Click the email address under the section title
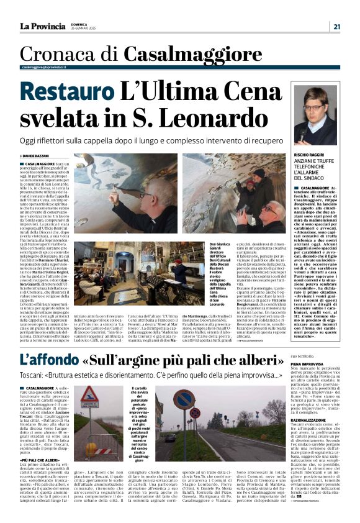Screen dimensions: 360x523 tap(48, 67)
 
